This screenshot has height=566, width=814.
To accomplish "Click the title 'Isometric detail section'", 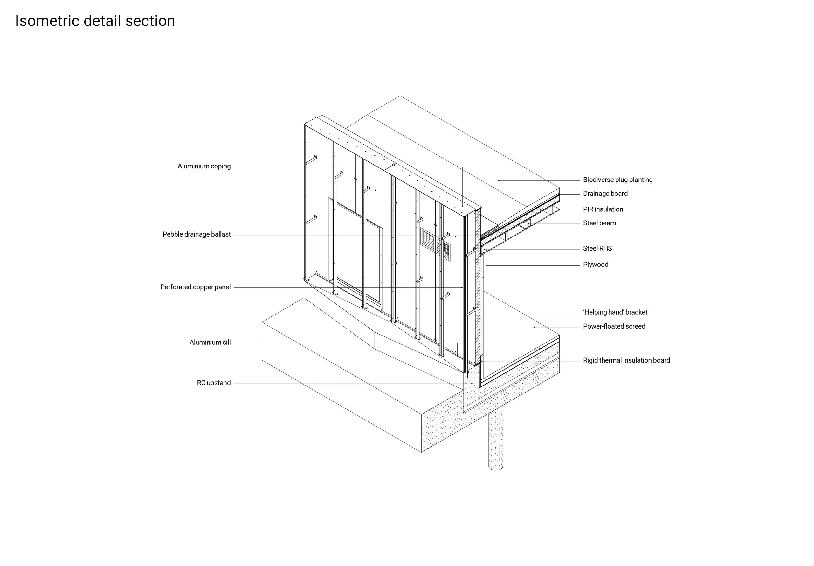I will [x=95, y=21].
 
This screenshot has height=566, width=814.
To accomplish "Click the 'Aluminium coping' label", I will [x=204, y=166].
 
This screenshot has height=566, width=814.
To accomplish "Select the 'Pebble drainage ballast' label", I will [x=196, y=234].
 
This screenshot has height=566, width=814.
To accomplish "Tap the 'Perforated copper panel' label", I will [x=195, y=287].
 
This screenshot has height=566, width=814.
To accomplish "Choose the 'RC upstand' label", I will [x=214, y=383].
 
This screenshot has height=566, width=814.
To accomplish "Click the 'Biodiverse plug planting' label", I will [x=617, y=180].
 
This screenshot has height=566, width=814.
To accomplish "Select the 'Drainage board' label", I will [x=605, y=194].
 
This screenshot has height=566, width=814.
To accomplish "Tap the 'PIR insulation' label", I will [x=603, y=209].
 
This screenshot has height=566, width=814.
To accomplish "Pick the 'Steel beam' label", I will [x=599, y=223].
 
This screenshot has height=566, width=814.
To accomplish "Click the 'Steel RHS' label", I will [x=597, y=249].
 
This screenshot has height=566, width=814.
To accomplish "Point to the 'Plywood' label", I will [x=595, y=265].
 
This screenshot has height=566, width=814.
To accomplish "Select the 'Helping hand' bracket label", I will [x=615, y=312].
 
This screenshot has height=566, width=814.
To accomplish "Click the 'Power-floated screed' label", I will [x=614, y=326].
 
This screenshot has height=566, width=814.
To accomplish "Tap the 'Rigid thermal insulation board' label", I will [x=626, y=360].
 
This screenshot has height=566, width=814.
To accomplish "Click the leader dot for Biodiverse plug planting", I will [x=498, y=181].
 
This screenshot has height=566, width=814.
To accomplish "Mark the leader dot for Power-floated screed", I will [x=534, y=327].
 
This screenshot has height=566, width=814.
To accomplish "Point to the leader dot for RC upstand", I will [x=472, y=384].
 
